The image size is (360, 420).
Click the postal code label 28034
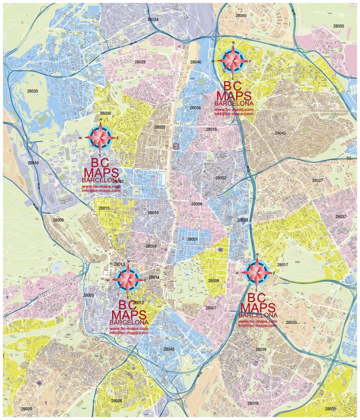coord(153,20)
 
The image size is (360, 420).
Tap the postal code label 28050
coord(241,15)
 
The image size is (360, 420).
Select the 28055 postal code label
coord(338,26)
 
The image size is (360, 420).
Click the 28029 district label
coord(140,62)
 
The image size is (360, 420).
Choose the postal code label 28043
coord(280,133)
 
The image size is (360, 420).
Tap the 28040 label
coord(33,163)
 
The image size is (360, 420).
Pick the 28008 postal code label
coord(58,220)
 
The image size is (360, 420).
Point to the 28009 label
coord(214,280)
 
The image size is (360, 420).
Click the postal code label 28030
coord(291,322)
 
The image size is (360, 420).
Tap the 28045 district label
coord(169,349)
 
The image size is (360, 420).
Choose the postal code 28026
coord(117,400)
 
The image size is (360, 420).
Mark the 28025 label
coord(27,409)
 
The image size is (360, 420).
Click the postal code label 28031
coord(330,409)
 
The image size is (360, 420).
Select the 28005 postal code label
coord(89,295)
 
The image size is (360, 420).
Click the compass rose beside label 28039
coord(102,137)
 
